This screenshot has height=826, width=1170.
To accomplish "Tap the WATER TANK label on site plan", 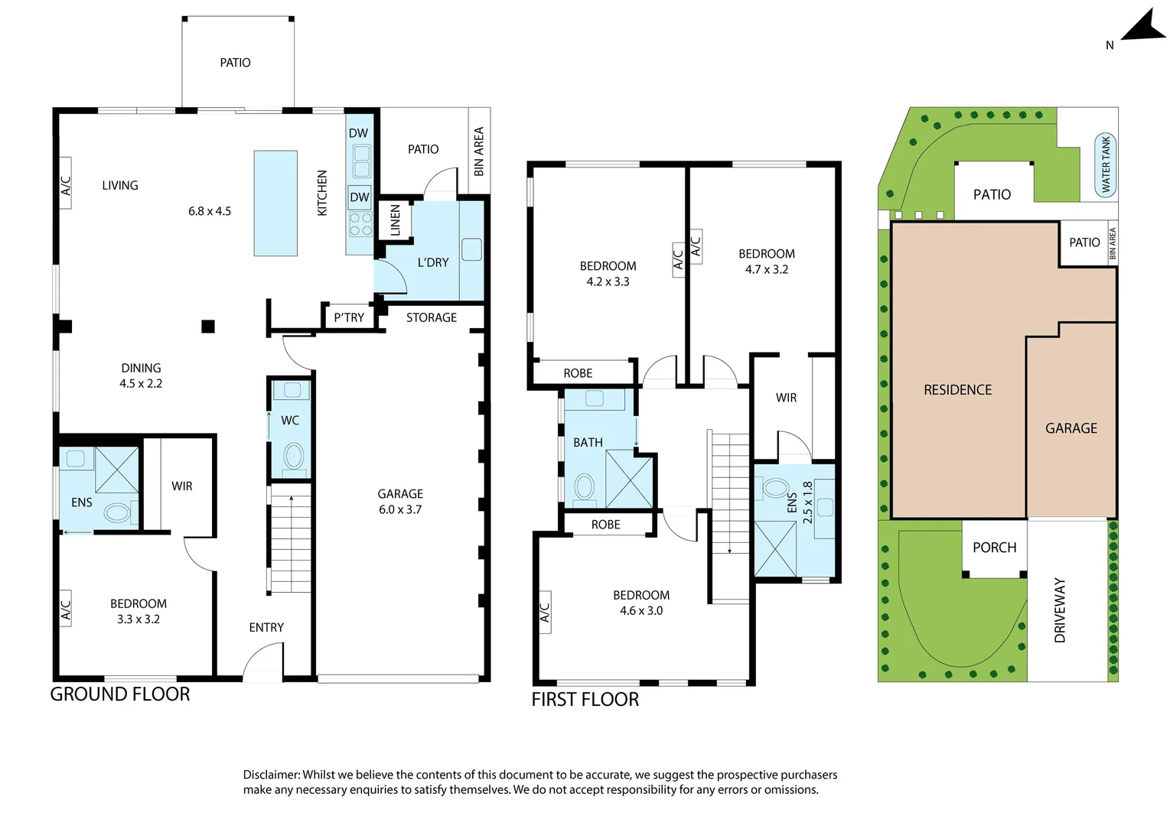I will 1105,164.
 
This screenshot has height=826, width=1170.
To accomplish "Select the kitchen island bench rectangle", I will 275,203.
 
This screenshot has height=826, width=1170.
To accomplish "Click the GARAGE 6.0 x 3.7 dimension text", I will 400,509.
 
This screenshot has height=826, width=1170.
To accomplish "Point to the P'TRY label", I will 349,317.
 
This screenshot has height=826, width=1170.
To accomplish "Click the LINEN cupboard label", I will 395,220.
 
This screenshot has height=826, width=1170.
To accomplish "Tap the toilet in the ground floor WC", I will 293,457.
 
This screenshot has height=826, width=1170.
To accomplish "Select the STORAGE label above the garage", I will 431,317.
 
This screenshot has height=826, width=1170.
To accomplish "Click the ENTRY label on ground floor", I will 266,627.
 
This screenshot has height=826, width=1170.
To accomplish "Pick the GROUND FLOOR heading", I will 120,694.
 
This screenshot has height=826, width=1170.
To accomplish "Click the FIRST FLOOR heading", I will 585,699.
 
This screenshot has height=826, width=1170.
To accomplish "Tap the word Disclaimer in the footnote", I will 271,775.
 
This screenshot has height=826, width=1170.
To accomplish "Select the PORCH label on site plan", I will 994,548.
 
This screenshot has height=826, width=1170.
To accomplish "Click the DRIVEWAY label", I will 1060,610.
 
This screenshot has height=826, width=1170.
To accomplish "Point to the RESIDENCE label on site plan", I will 957,390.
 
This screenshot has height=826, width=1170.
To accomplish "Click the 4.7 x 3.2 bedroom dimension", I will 766,269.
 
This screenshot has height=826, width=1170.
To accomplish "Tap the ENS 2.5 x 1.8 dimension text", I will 807,502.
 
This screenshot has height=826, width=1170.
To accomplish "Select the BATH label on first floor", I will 588,442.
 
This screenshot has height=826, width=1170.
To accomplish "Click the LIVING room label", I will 120,185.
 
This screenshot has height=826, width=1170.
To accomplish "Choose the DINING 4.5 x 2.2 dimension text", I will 141,383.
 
